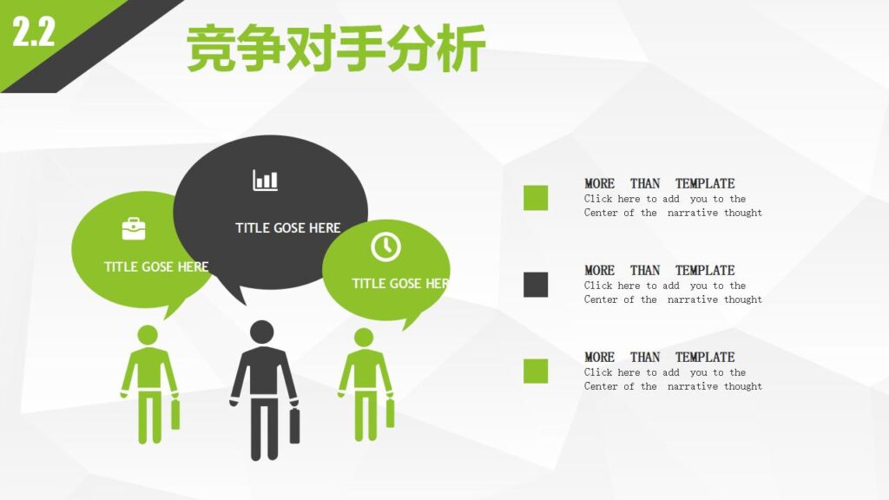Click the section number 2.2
pyautogui.click(x=33, y=33)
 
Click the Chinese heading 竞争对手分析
pyautogui.click(x=335, y=49)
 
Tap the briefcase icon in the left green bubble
pyautogui.click(x=134, y=228)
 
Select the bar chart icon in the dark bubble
pyautogui.click(x=266, y=181)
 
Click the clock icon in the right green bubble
pyautogui.click(x=385, y=247)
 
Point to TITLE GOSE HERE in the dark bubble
pyautogui.click(x=288, y=227)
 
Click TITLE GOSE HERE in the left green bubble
pyautogui.click(x=156, y=266)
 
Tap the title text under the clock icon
pyautogui.click(x=400, y=284)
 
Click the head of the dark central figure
pyautogui.click(x=262, y=332)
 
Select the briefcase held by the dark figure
pyautogui.click(x=295, y=425)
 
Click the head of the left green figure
pyautogui.click(x=148, y=335)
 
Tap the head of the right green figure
pyautogui.click(x=364, y=337)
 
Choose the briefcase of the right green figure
pyautogui.click(x=390, y=412)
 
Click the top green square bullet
pyautogui.click(x=536, y=198)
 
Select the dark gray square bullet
pyautogui.click(x=536, y=285)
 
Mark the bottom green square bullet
pyautogui.click(x=536, y=372)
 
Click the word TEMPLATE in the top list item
pyautogui.click(x=705, y=183)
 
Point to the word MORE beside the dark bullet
pyautogui.click(x=599, y=270)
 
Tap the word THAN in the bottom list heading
pyautogui.click(x=645, y=357)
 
